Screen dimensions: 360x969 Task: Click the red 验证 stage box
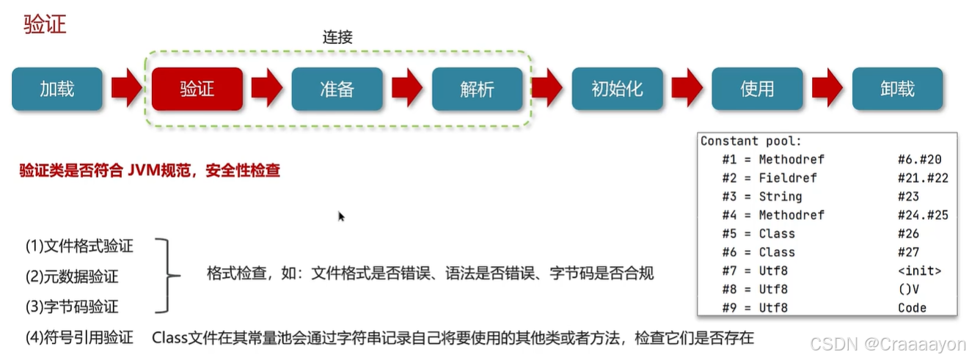pyautogui.click(x=197, y=89)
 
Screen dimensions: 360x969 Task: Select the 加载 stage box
pyautogui.click(x=56, y=89)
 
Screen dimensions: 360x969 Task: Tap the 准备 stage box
pyautogui.click(x=337, y=89)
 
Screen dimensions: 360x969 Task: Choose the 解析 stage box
pyautogui.click(x=477, y=89)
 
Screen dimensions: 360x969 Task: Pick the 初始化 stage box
pyautogui.click(x=617, y=89)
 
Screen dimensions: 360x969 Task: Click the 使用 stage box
pyautogui.click(x=757, y=89)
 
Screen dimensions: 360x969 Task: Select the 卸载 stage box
pyautogui.click(x=897, y=89)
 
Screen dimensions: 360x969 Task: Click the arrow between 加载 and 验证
pyautogui.click(x=126, y=89)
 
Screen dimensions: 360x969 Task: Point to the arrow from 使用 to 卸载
pyautogui.click(x=827, y=89)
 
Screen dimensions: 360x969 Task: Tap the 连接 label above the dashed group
pyautogui.click(x=337, y=37)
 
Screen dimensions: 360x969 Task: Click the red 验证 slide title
pyautogui.click(x=45, y=24)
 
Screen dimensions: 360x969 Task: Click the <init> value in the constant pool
pyautogui.click(x=919, y=271)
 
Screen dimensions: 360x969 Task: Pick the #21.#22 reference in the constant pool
pyautogui.click(x=923, y=177)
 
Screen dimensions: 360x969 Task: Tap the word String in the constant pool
pyautogui.click(x=780, y=196)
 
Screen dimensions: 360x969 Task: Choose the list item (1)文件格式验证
pyautogui.click(x=79, y=246)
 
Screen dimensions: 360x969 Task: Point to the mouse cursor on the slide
pyautogui.click(x=341, y=216)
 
